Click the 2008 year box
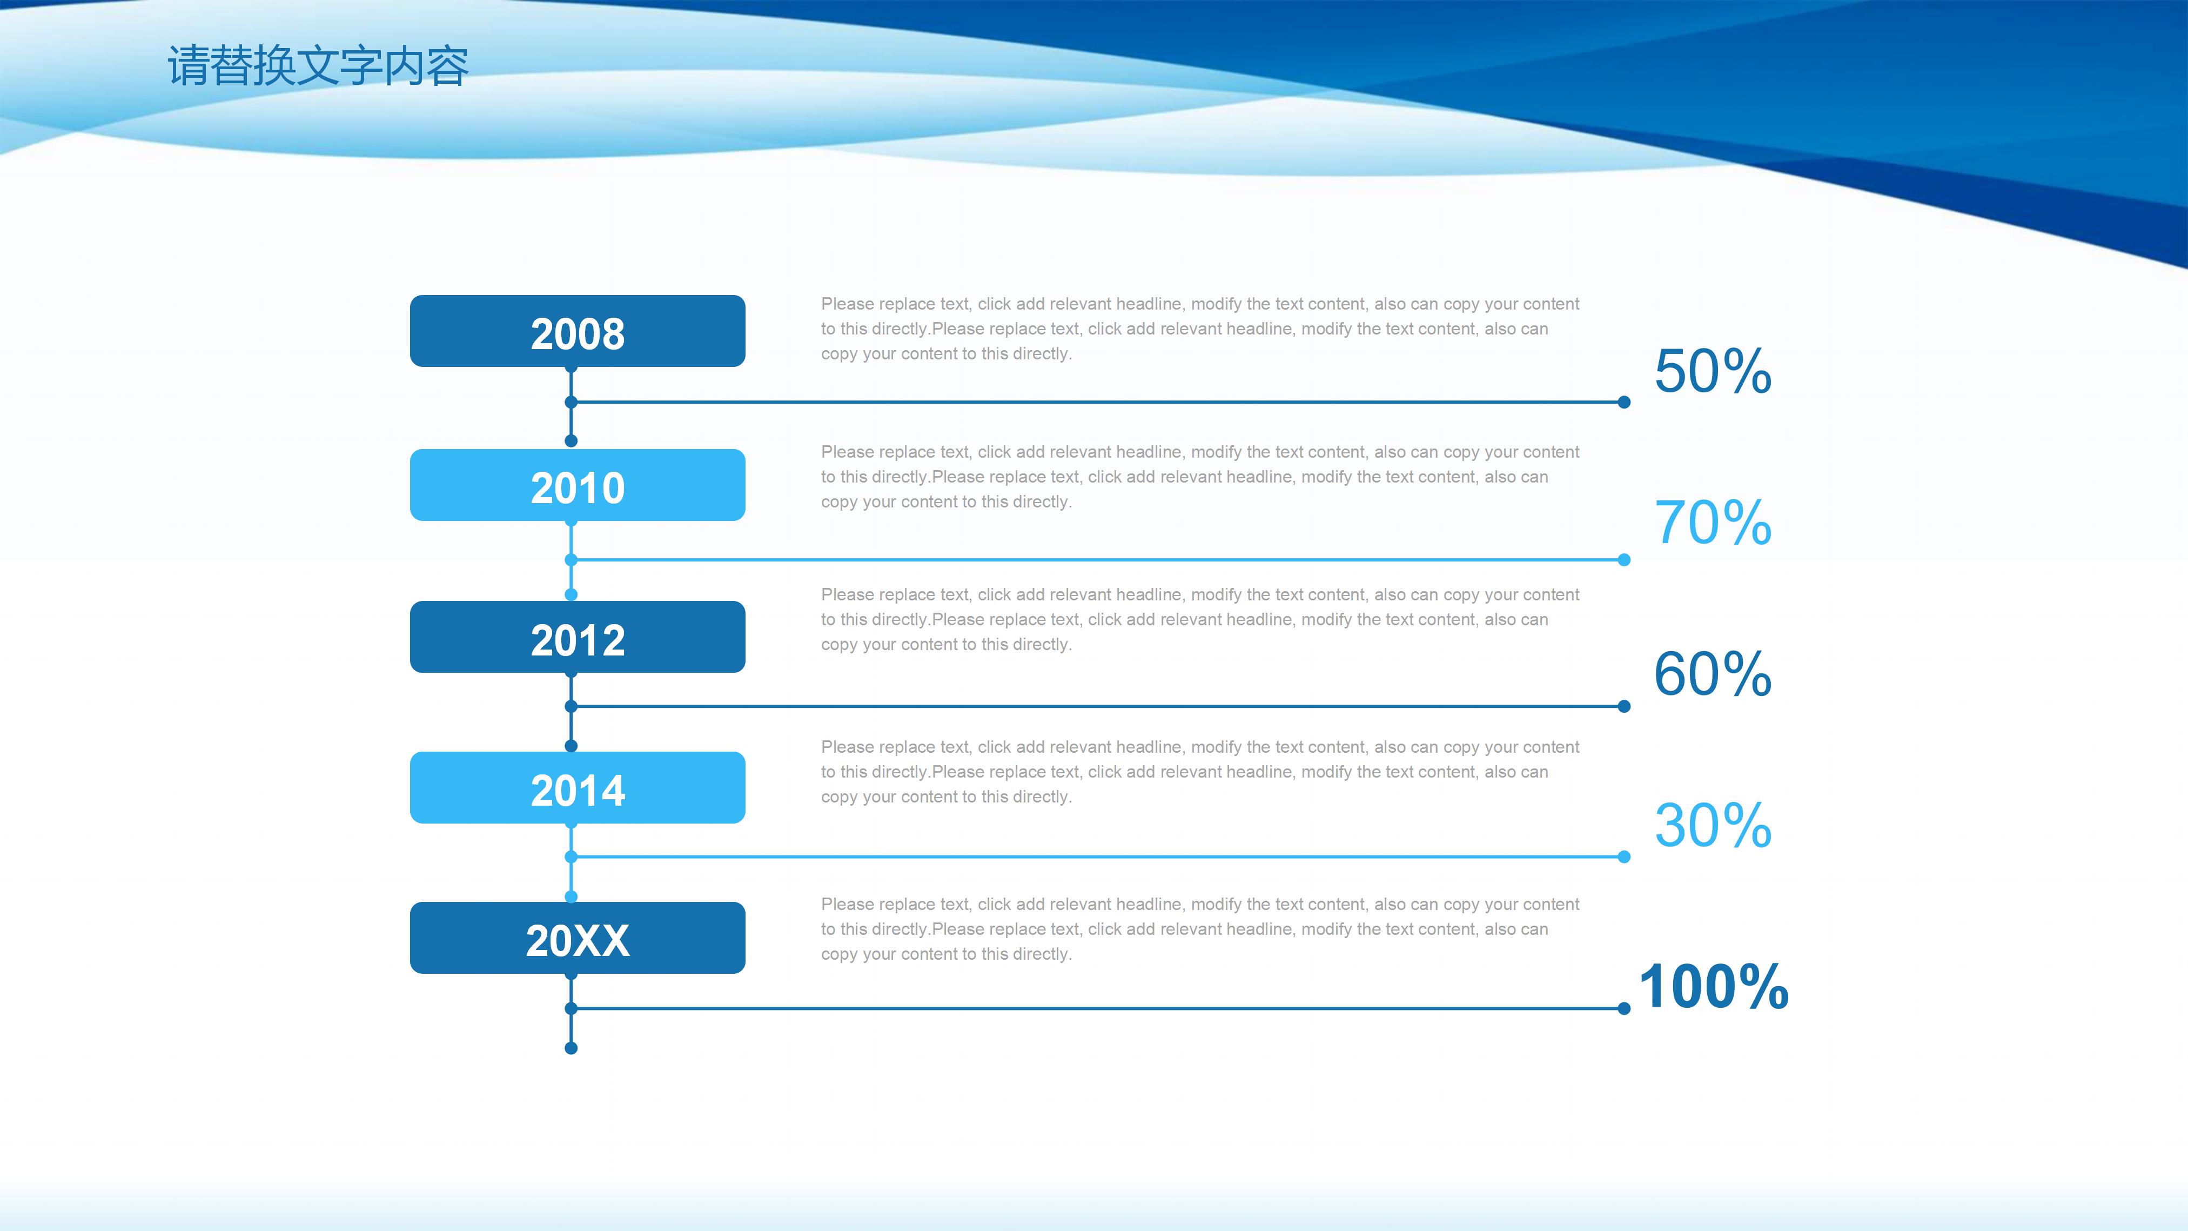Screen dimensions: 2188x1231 pyautogui.click(x=578, y=331)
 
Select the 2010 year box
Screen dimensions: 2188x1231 pyautogui.click(x=578, y=485)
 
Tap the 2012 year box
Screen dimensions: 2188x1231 pyautogui.click(x=578, y=637)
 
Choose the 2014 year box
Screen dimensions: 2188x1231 pyautogui.click(x=578, y=787)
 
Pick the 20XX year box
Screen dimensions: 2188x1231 pyautogui.click(x=578, y=938)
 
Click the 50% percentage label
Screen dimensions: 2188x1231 pyautogui.click(x=1713, y=371)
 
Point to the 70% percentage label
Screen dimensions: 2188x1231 pyautogui.click(x=1713, y=523)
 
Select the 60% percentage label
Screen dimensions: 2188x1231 pyautogui.click(x=1713, y=674)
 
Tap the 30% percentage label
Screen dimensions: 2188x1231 pyautogui.click(x=1713, y=825)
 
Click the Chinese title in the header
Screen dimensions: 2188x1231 pyautogui.click(x=318, y=66)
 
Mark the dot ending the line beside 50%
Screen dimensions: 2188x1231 pyautogui.click(x=1624, y=402)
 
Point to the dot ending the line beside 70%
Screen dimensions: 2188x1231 pyautogui.click(x=1624, y=560)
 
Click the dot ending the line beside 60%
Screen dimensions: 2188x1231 pyautogui.click(x=1624, y=706)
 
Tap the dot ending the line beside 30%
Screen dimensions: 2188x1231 pyautogui.click(x=1624, y=857)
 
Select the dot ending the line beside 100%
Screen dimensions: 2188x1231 pyautogui.click(x=1624, y=1008)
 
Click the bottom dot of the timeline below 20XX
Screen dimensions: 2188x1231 pyautogui.click(x=571, y=1048)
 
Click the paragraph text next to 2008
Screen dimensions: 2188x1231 pyautogui.click(x=1200, y=329)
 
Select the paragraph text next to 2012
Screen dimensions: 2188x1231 pyautogui.click(x=1200, y=619)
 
